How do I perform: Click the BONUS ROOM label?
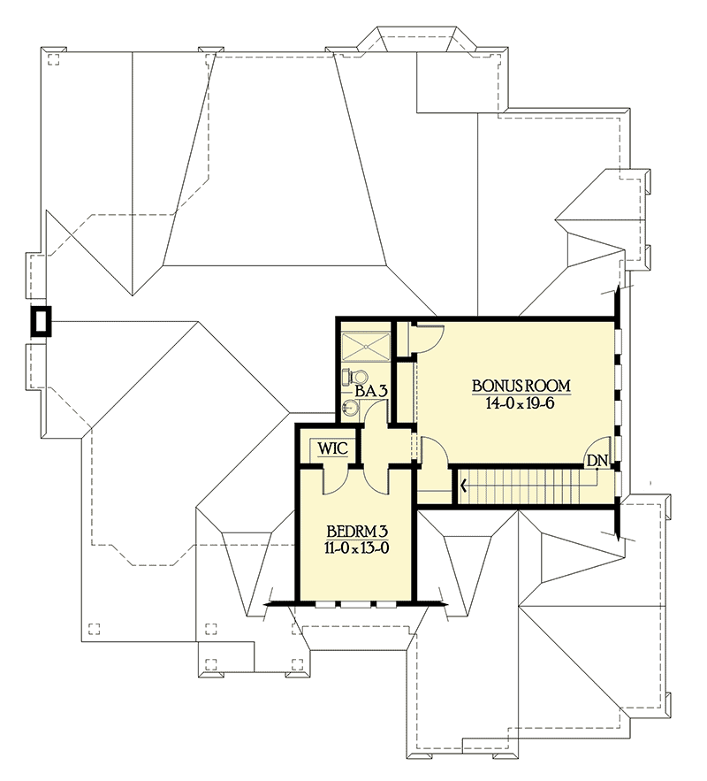coord(521,386)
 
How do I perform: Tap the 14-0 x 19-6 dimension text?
coord(521,402)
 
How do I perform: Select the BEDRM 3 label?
coord(356,532)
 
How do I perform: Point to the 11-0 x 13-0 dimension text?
coord(356,548)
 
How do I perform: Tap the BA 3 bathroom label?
coord(369,390)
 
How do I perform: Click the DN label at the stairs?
coord(597,461)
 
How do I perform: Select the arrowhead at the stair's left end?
coord(462,485)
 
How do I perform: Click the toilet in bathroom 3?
coord(352,377)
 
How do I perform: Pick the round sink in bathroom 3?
coord(351,407)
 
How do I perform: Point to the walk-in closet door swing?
coord(336,479)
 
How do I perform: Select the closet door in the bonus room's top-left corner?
coord(427,337)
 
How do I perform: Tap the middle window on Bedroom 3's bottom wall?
coord(357,605)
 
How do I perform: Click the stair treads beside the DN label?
coord(530,486)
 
